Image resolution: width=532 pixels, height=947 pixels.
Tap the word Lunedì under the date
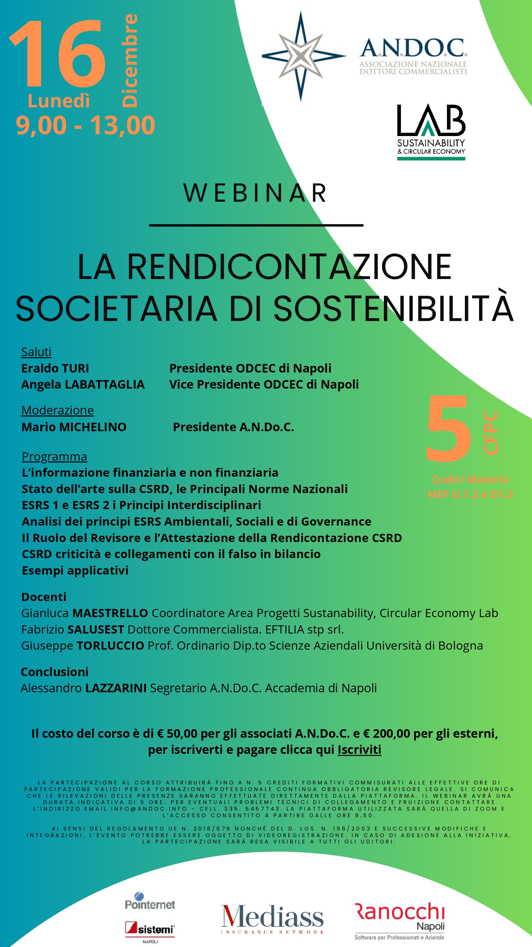pos(59,101)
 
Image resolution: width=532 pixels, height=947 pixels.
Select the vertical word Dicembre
pos(130,61)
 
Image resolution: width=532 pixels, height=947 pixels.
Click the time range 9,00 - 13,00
pos(85,125)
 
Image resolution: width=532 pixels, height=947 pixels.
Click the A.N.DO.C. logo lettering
pos(413,49)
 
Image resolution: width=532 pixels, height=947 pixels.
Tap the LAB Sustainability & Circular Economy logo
pos(431,132)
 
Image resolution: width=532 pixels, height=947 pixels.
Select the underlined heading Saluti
pos(36,352)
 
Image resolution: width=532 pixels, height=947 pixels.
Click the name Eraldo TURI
pos(55,368)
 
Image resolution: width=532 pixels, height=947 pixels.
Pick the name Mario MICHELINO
pos(74,427)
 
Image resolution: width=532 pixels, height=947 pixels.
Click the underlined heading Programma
pos(54,456)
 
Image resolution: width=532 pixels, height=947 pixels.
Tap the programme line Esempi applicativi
pos(75,570)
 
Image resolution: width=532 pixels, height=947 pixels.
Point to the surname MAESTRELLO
pos(110,613)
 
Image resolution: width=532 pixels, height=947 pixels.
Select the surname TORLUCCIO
pos(110,645)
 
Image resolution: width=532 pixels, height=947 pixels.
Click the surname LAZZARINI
pos(116,688)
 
